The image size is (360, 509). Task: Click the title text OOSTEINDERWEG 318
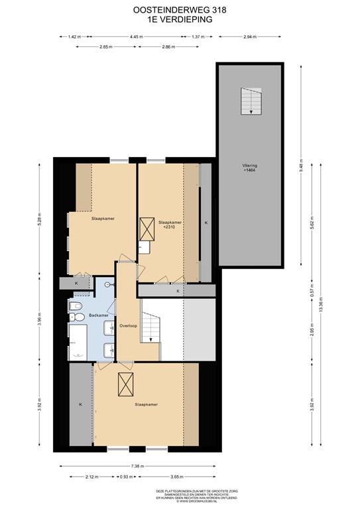tap(180, 10)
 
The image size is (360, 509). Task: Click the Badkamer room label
tap(97, 315)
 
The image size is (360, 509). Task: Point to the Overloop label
tap(128, 326)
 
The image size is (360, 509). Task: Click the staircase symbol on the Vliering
tap(250, 101)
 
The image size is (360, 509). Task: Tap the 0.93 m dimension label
tap(125, 477)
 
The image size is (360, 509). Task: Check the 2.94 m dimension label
tap(250, 37)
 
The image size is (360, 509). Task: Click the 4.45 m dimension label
tap(137, 37)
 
